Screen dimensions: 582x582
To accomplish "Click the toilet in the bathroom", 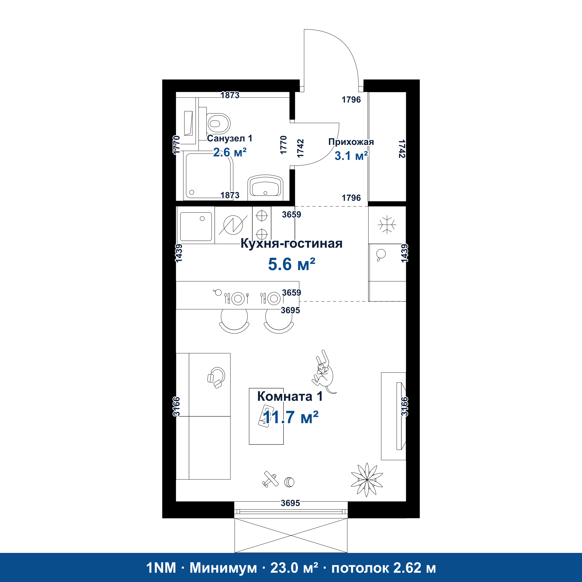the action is click(218, 123).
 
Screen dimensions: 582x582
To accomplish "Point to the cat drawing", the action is click(324, 372).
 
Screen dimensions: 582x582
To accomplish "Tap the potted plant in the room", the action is click(367, 480).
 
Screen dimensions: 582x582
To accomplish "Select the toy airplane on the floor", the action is click(270, 479).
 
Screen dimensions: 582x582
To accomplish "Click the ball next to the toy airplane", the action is click(289, 482).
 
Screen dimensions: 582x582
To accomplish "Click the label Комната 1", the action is click(290, 396).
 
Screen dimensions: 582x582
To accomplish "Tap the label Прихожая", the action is click(351, 142).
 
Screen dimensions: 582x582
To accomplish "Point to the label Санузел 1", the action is click(230, 138).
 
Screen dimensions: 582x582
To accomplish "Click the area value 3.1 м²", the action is click(351, 156).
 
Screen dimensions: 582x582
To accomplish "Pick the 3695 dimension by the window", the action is click(291, 503).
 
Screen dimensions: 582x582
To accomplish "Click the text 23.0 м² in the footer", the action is click(294, 568).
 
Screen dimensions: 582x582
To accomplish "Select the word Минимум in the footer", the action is click(223, 568).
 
